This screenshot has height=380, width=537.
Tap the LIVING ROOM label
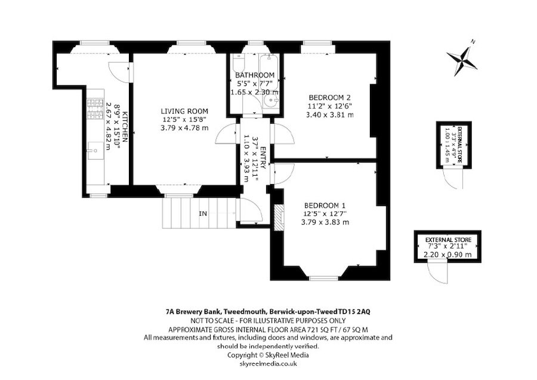point(184,111)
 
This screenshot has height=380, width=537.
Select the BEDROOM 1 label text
point(325,204)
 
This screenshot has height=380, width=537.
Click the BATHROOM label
point(254,75)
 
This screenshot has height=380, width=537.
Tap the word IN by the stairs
point(203,213)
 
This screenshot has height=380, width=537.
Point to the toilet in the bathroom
point(239,65)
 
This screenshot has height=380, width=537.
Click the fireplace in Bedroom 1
point(277,217)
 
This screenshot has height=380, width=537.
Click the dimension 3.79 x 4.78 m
point(184,128)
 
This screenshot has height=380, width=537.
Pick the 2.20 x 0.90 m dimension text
point(447,255)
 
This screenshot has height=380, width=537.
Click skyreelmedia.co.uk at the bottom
point(268,363)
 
